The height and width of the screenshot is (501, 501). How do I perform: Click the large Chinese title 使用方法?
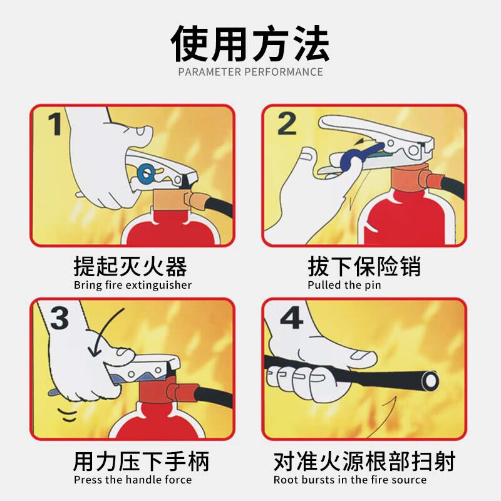click(x=250, y=44)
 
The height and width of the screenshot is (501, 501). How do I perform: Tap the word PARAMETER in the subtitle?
click(x=210, y=72)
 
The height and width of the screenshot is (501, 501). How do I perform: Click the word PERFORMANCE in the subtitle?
click(x=284, y=72)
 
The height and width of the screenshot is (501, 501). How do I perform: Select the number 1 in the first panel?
click(x=54, y=124)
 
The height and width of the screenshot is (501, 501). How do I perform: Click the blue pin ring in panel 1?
click(x=147, y=174)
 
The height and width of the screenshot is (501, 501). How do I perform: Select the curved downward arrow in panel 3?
click(x=101, y=329)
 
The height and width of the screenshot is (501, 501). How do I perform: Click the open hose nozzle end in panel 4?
click(x=429, y=380)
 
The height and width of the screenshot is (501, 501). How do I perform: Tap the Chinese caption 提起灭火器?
click(x=130, y=266)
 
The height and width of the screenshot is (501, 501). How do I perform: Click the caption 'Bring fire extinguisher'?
click(x=133, y=285)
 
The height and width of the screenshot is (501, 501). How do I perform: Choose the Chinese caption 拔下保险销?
click(x=364, y=266)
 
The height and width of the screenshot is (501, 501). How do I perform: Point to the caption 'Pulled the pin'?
click(x=344, y=285)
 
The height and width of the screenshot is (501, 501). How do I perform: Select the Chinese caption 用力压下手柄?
click(x=142, y=461)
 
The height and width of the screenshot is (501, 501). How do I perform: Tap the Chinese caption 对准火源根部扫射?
click(x=364, y=461)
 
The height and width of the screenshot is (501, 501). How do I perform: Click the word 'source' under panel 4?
click(x=411, y=480)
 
